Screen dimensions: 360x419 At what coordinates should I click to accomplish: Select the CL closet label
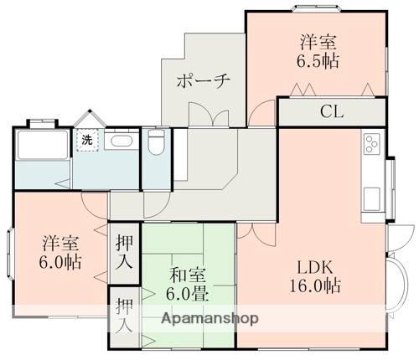tap(332, 111)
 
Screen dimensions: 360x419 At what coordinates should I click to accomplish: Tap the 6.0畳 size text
tap(187, 294)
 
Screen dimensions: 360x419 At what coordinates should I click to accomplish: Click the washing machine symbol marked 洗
tap(86, 140)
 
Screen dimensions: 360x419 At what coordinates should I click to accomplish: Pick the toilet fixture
tap(155, 143)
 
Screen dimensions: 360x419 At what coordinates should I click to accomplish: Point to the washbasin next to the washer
tap(120, 141)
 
